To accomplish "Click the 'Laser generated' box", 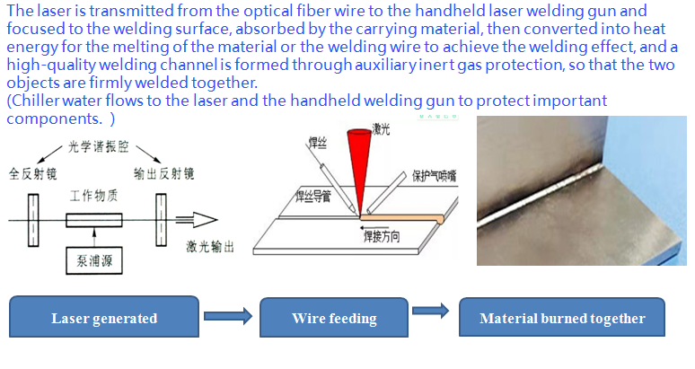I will (103, 318).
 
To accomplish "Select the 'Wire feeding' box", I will (334, 318).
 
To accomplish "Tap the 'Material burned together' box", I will (562, 318).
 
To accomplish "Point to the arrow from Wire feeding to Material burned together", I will (430, 311).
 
